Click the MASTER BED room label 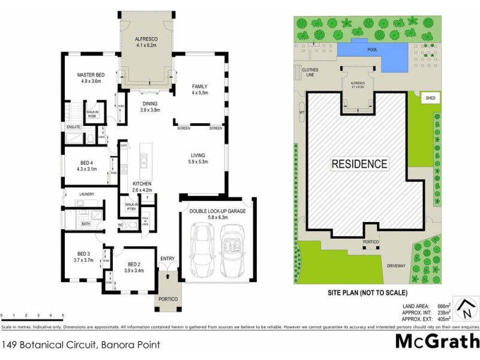pyautogui.click(x=91, y=75)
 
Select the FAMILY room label pyautogui.click(x=200, y=86)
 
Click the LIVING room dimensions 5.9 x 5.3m pyautogui.click(x=198, y=161)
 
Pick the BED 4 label pyautogui.click(x=88, y=163)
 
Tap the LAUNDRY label pyautogui.click(x=88, y=194)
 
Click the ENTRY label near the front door pyautogui.click(x=167, y=259)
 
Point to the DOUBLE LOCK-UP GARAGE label pyautogui.click(x=217, y=211)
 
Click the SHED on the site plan pyautogui.click(x=430, y=98)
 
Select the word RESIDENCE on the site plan pyautogui.click(x=360, y=163)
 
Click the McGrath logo pyautogui.click(x=437, y=340)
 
